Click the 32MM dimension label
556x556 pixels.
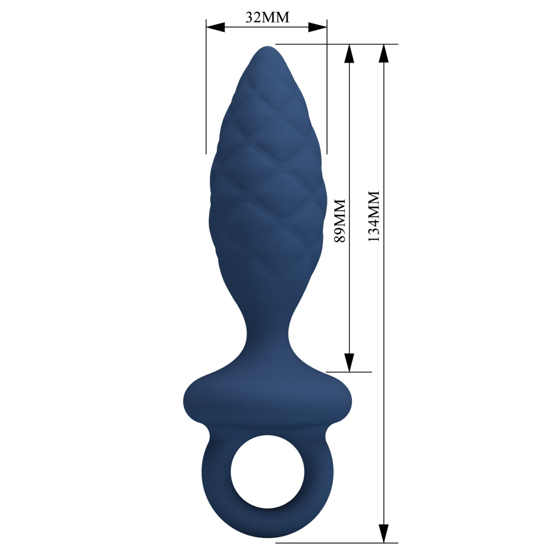(267, 18)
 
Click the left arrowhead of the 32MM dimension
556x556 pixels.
(215, 27)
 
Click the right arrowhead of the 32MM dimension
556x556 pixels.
(318, 27)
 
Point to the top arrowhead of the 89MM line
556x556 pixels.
(349, 53)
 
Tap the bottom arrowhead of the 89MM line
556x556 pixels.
(349, 363)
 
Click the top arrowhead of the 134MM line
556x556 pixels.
(384, 53)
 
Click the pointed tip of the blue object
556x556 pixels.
(267, 47)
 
